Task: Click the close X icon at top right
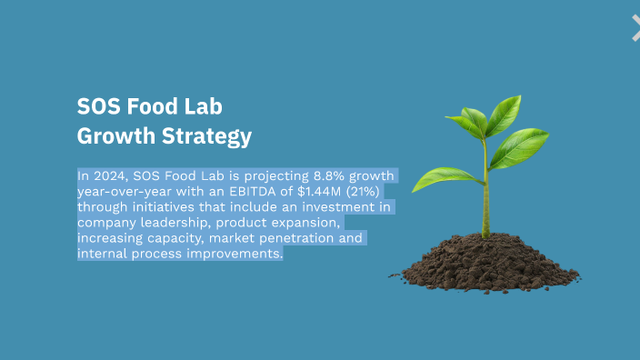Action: [x=635, y=27]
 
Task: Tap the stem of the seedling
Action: [x=485, y=191]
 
